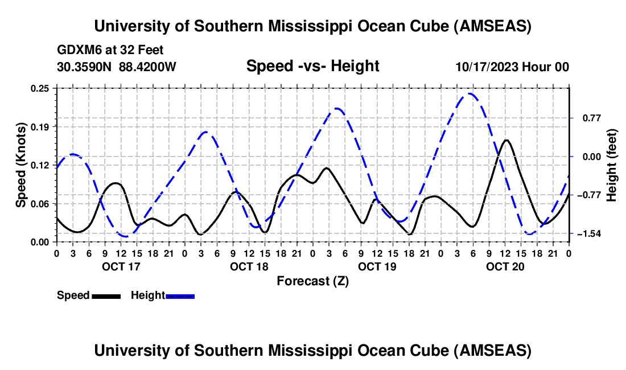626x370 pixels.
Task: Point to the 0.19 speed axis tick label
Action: coord(42,126)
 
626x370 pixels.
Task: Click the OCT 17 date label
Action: coord(121,266)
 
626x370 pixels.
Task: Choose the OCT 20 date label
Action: coord(505,266)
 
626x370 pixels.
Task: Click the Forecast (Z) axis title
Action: coord(312,281)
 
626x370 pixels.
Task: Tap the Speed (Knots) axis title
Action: coord(21,165)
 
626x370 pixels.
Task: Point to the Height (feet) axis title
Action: coord(612,165)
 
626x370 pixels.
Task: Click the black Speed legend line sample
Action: coord(105,295)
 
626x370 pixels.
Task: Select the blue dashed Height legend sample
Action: coord(180,295)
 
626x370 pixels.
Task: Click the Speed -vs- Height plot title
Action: coord(312,67)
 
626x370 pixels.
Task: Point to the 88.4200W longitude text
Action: coord(147,67)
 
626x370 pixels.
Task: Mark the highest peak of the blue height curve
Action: coord(469,93)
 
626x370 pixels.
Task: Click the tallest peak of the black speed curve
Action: coord(506,140)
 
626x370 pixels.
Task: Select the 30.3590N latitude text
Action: coord(85,67)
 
